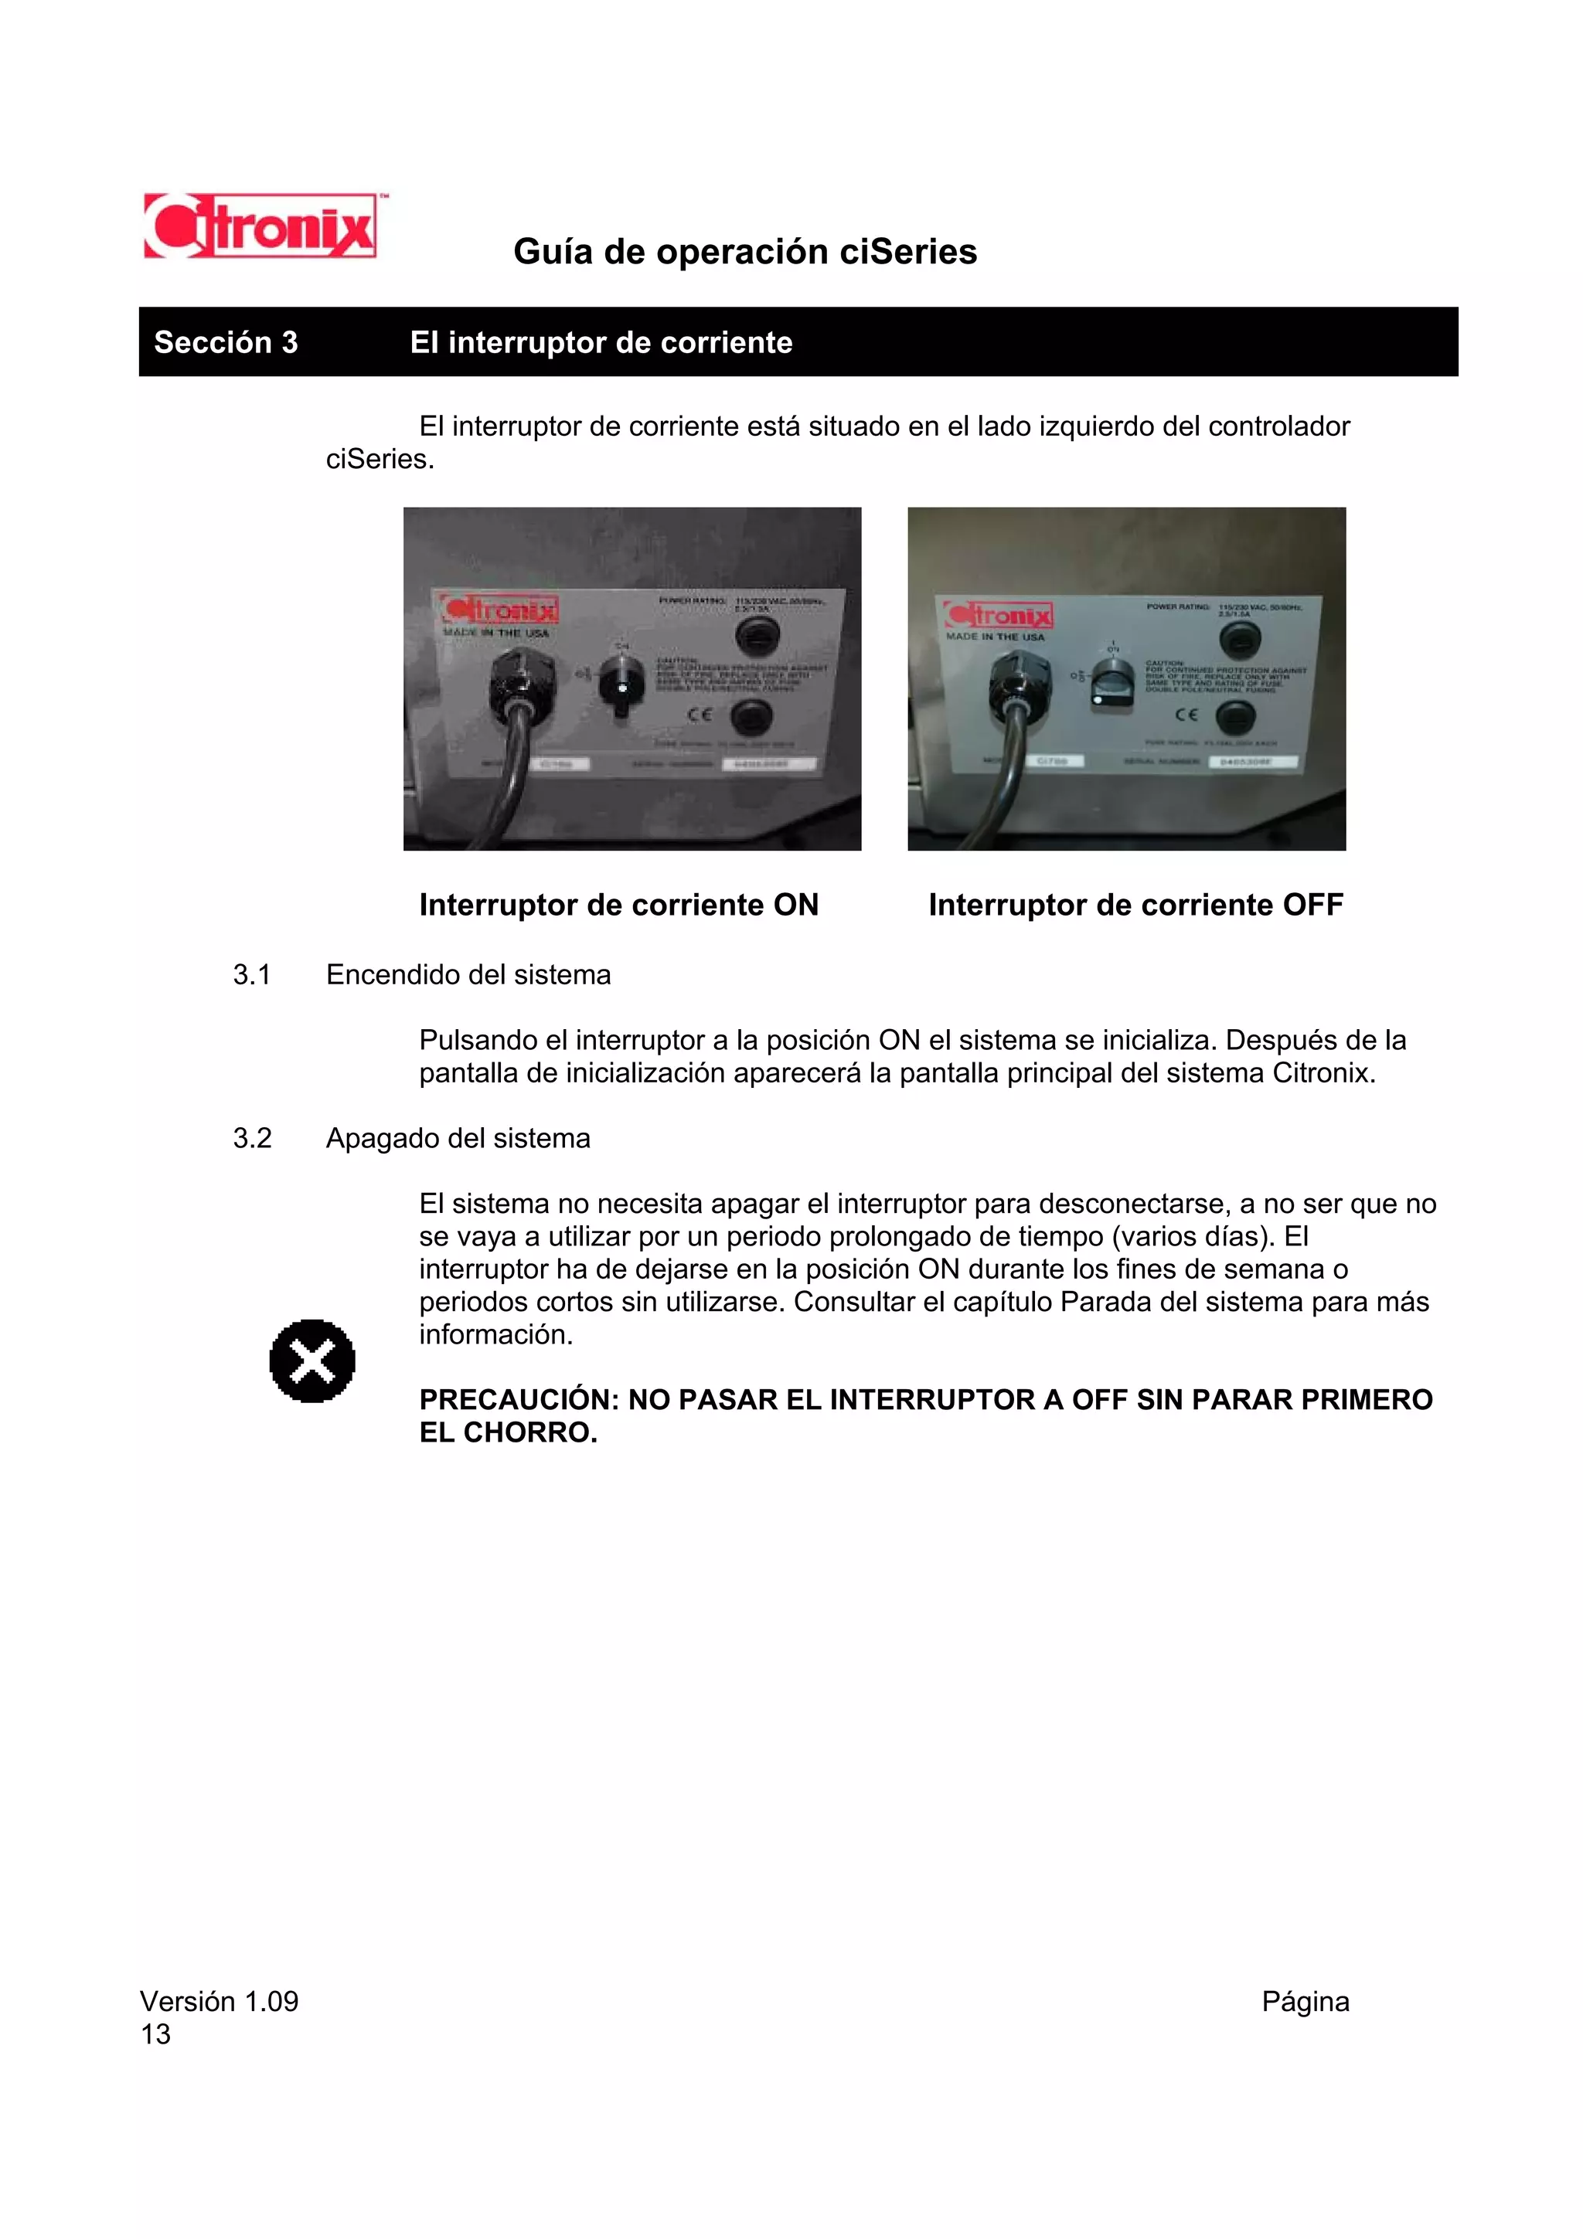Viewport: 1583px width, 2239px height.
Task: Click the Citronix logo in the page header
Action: tap(260, 226)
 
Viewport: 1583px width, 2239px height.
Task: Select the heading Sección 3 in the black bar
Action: tap(225, 342)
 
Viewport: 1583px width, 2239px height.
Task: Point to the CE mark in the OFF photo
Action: tap(1185, 715)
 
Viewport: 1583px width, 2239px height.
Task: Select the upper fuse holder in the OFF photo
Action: tap(1240, 640)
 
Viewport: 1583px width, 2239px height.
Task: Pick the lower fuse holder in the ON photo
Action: tap(751, 718)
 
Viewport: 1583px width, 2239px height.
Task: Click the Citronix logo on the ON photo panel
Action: tap(499, 610)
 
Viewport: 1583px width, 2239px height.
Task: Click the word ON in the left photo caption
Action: tap(795, 905)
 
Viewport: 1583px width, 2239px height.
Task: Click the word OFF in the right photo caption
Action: tap(1312, 905)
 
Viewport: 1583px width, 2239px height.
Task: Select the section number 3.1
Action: tap(252, 975)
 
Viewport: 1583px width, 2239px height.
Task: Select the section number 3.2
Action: tap(252, 1139)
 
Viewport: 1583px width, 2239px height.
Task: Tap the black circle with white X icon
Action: tap(312, 1361)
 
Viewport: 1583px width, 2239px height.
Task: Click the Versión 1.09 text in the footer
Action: tap(219, 2002)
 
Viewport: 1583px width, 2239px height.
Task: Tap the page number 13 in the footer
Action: tap(155, 2034)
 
